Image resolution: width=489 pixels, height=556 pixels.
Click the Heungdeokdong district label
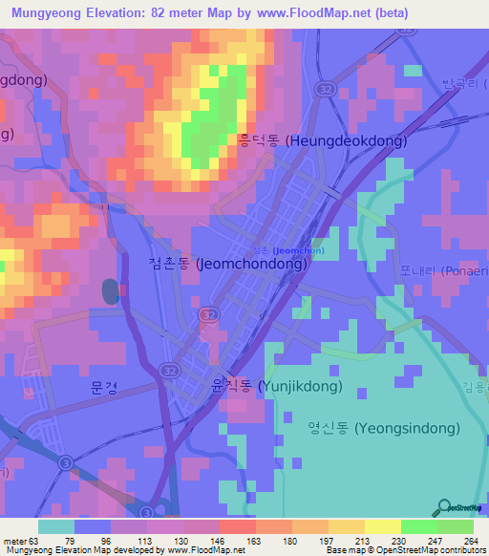(x=322, y=140)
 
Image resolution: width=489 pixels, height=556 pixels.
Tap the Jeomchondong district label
(x=227, y=265)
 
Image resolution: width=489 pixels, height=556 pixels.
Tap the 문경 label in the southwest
(x=102, y=388)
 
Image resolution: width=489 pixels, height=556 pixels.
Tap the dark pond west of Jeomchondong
(x=111, y=291)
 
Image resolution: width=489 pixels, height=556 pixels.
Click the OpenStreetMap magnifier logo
(x=445, y=508)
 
